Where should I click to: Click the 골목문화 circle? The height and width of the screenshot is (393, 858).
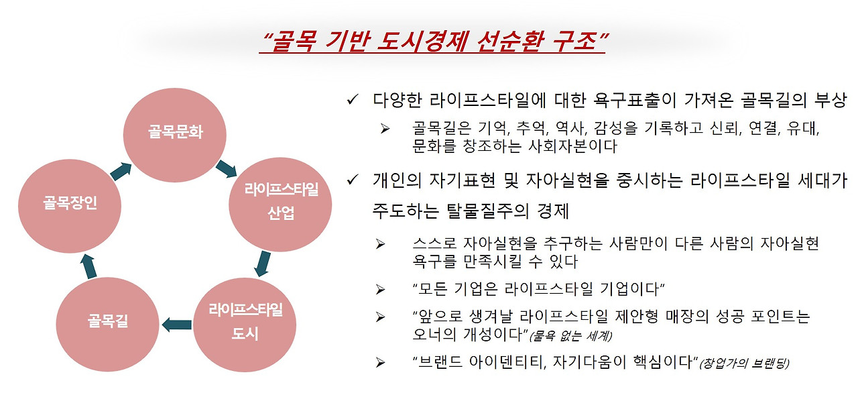pyautogui.click(x=175, y=132)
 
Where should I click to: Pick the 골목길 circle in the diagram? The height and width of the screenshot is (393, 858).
pyautogui.click(x=107, y=321)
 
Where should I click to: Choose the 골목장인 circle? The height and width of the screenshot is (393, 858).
pyautogui.click(x=70, y=203)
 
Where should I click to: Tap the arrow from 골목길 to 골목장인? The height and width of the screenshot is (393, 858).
pyautogui.click(x=89, y=266)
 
